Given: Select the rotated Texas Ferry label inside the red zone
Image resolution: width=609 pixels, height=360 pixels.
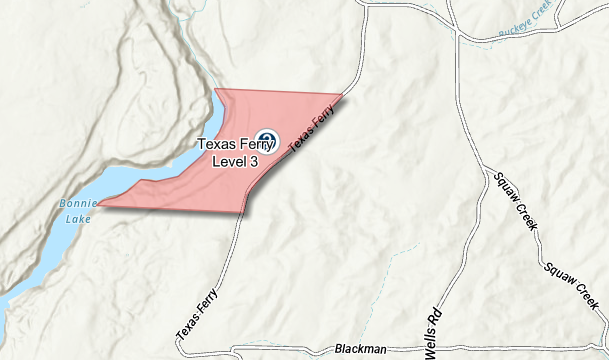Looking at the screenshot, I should (310, 131).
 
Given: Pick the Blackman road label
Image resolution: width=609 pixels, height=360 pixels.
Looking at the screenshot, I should (360, 349).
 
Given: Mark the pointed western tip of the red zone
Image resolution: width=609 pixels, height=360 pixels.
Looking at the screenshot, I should (99, 204).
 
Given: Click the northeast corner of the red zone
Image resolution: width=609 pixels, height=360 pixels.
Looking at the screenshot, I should (342, 96).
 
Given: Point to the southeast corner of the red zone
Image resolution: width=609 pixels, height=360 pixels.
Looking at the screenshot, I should (244, 212).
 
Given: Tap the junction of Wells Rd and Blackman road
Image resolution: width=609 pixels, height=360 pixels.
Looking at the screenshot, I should (421, 351).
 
